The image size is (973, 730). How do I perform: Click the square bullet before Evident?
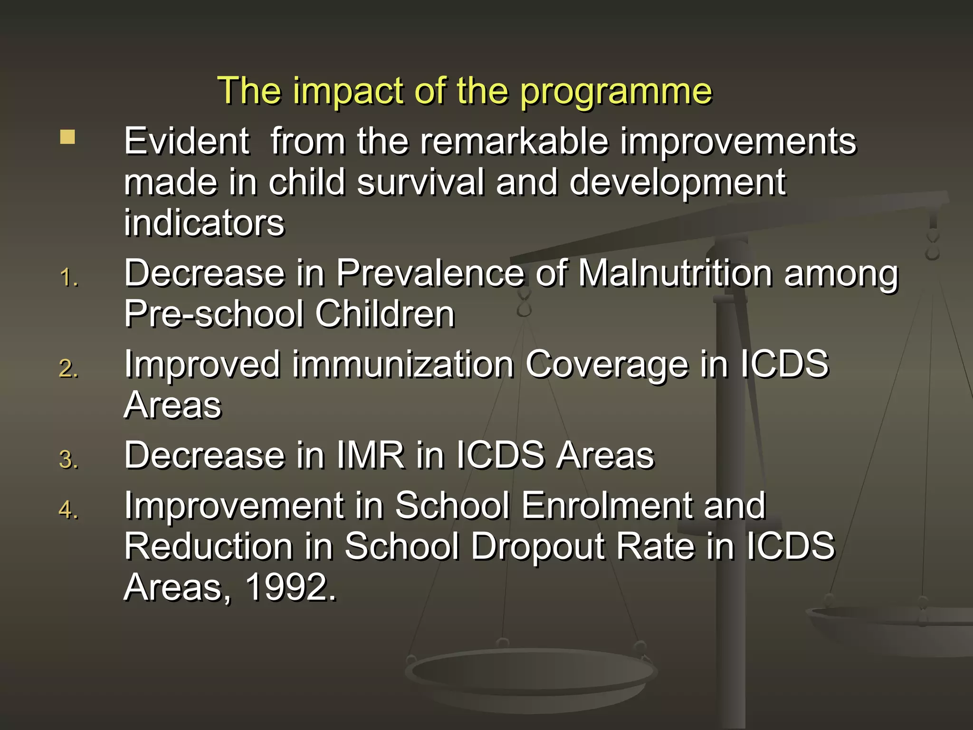point(67,137)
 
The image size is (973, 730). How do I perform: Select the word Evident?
point(186,142)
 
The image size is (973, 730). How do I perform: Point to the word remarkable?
point(514,142)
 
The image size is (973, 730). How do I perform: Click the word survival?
point(420,182)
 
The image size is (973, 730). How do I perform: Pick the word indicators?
point(204,223)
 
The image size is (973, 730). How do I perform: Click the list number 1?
point(69,278)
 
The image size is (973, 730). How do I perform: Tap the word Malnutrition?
point(675,274)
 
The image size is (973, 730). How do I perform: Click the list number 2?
point(69,369)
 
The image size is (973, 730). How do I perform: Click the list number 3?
point(69,460)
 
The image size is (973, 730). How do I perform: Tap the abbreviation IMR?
point(371,456)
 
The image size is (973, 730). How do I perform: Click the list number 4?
point(69,510)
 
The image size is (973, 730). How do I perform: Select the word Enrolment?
point(607,506)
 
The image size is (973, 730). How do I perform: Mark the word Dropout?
point(538,547)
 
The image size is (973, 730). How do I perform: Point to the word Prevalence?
point(430,274)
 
